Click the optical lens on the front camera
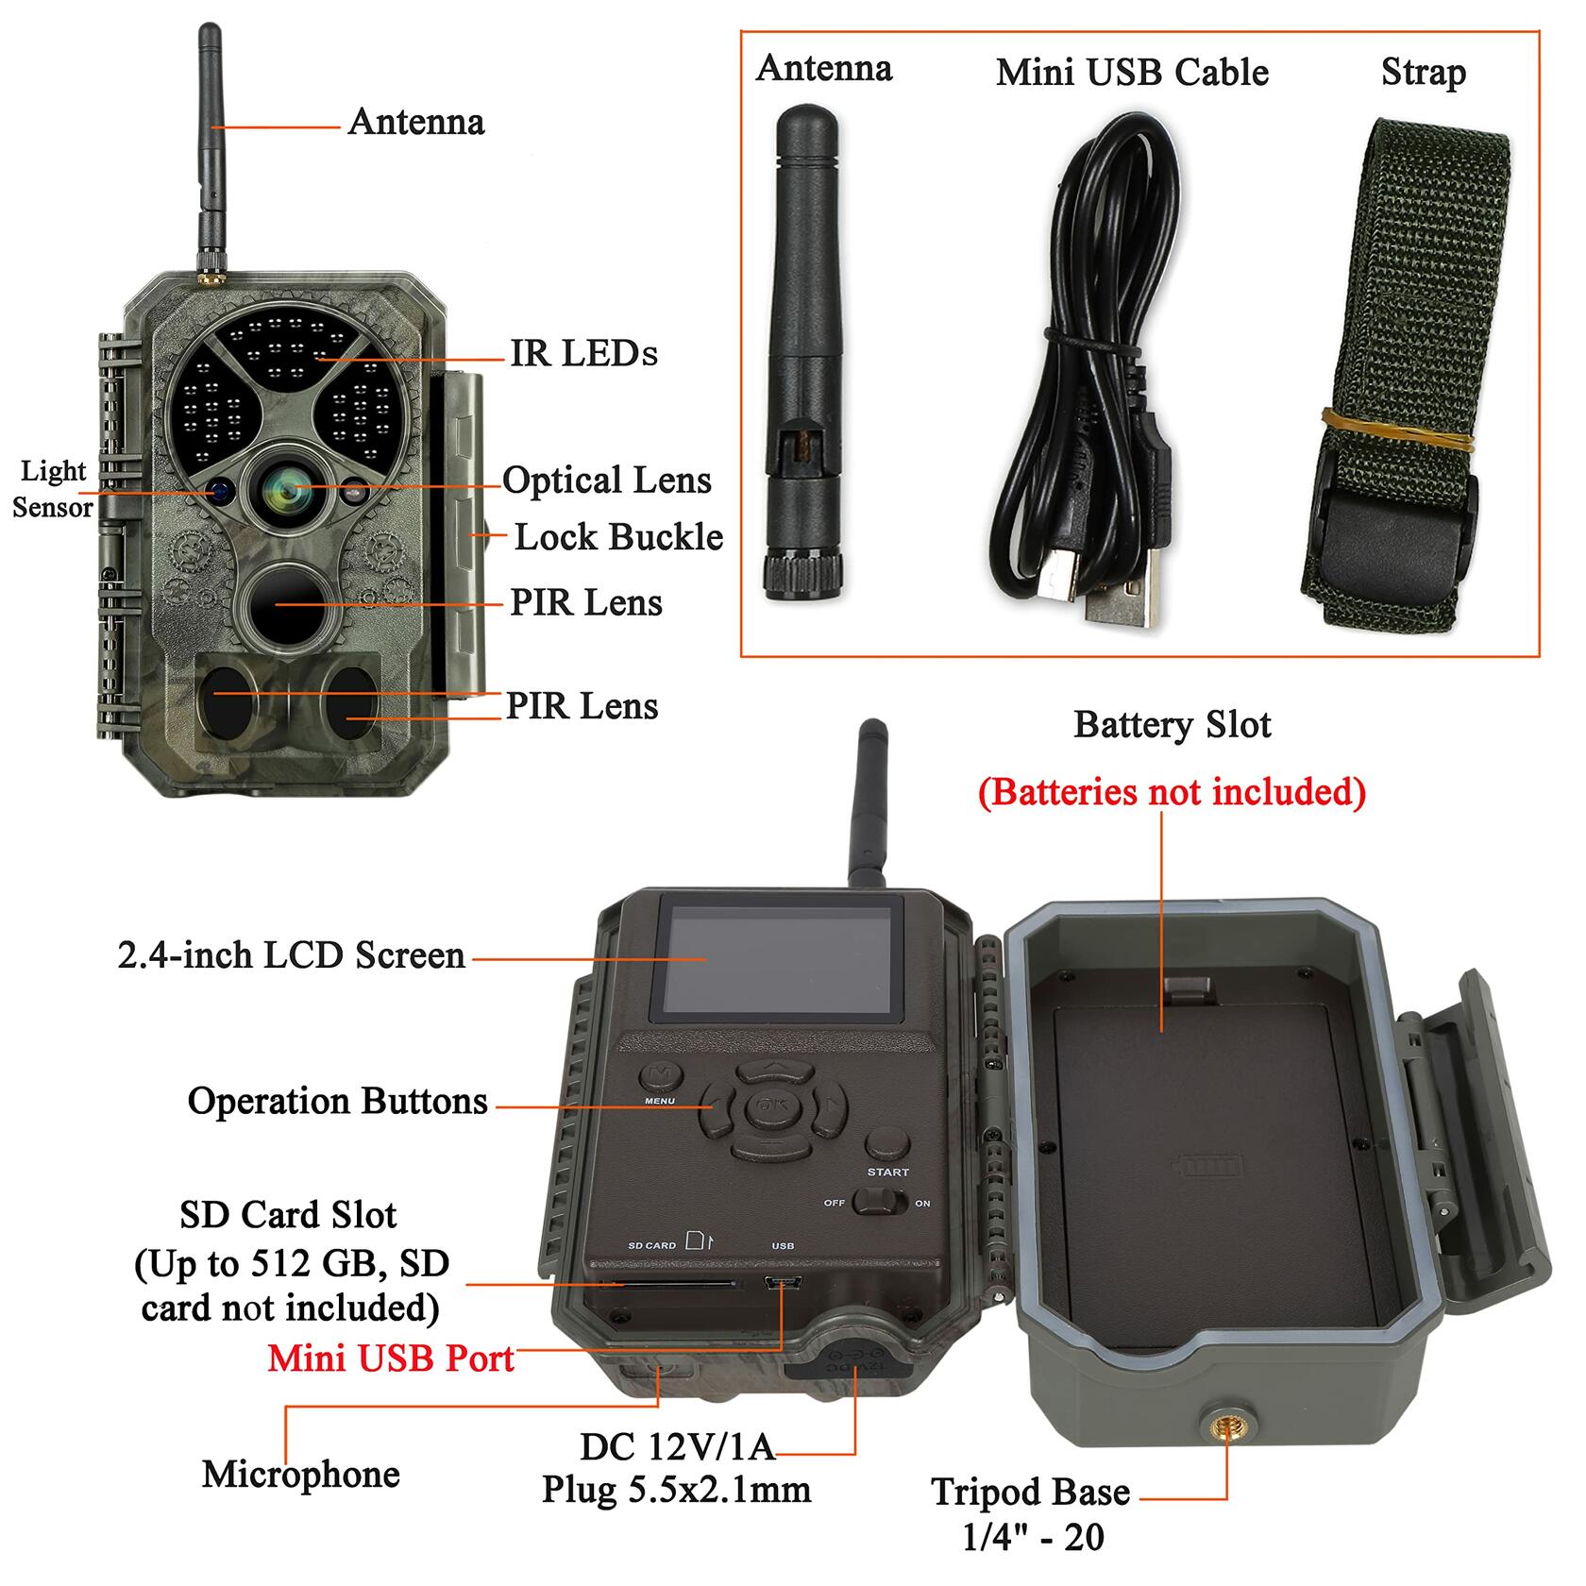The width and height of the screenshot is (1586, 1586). [286, 489]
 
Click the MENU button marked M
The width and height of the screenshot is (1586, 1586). [661, 1076]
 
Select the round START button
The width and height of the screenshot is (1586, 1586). [887, 1145]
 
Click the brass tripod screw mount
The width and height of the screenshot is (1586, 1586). [1226, 1430]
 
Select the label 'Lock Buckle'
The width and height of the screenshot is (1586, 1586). [618, 537]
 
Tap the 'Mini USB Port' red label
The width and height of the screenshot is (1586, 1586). [391, 1358]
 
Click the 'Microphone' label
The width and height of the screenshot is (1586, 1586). [301, 1474]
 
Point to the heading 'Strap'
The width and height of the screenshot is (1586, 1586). [1424, 74]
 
